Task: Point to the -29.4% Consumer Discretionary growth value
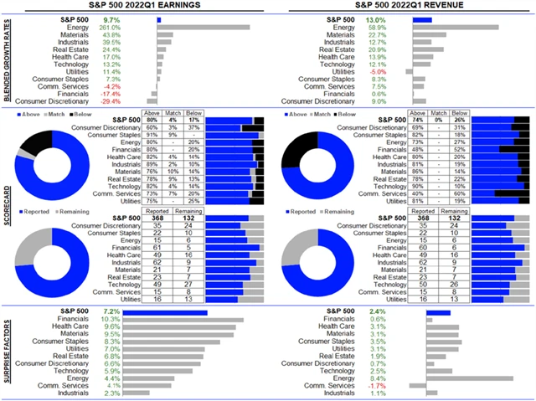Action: [x=111, y=101]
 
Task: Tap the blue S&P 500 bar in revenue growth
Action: [x=421, y=18]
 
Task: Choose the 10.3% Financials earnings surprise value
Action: [x=111, y=319]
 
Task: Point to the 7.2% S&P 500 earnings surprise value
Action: [x=111, y=311]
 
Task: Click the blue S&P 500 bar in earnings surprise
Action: [x=182, y=311]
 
